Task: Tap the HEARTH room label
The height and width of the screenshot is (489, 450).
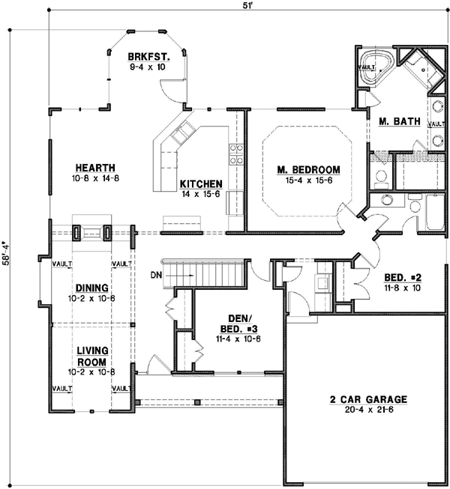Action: [x=94, y=168]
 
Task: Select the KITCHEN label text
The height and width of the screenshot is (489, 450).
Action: [x=200, y=184]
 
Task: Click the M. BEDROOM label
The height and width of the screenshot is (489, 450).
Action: [x=303, y=169]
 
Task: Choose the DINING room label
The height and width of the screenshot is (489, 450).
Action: [x=92, y=288]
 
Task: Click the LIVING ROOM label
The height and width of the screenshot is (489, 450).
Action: [x=92, y=356]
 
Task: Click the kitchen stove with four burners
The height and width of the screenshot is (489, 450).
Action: [x=236, y=153]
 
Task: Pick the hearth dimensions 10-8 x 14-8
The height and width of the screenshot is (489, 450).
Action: [x=94, y=178]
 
